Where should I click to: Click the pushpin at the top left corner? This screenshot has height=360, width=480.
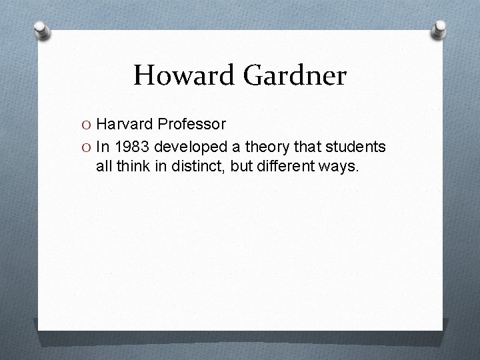(42, 31)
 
